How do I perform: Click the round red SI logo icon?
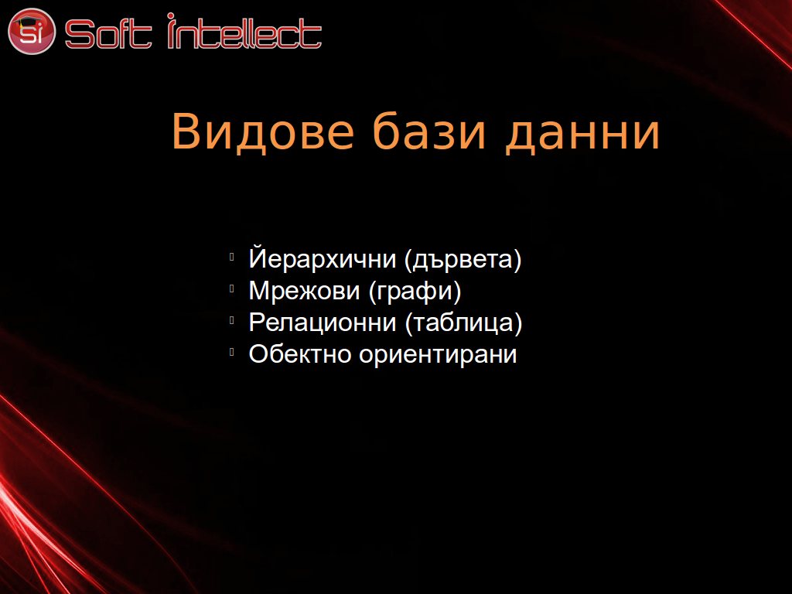tap(31, 31)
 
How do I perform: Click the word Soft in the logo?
tap(108, 34)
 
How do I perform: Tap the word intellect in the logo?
tap(244, 31)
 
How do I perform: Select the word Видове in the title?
tap(263, 131)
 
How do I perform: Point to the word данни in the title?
tap(582, 134)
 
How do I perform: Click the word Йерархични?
tap(323, 258)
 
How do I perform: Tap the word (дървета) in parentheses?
tap(463, 260)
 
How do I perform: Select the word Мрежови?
tap(304, 291)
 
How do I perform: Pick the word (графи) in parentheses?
tap(415, 292)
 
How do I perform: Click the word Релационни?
tap(323, 323)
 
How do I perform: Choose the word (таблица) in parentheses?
tap(464, 323)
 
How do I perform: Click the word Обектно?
tap(300, 353)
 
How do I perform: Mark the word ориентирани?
tap(438, 355)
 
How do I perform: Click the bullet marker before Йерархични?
tap(232, 257)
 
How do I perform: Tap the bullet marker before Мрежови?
tap(232, 289)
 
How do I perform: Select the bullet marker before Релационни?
tap(232, 321)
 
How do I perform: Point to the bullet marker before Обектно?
tap(232, 353)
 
